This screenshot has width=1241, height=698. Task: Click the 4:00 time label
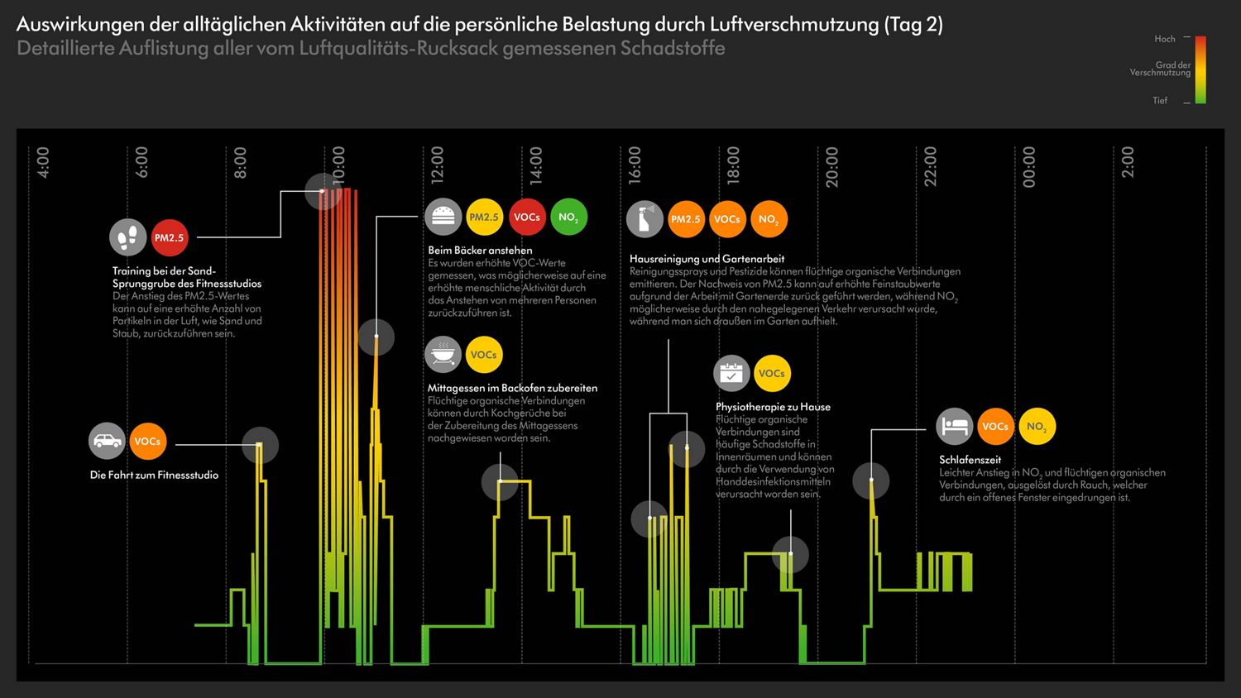(43, 162)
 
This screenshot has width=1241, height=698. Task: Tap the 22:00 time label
(930, 166)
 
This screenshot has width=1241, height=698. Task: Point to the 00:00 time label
(1028, 166)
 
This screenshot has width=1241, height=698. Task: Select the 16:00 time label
(635, 165)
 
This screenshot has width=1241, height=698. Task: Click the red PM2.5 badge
(169, 237)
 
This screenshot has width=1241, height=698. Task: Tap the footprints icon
(128, 237)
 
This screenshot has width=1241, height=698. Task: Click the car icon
(107, 441)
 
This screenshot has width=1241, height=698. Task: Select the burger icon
(443, 217)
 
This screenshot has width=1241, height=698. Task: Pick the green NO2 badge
(568, 217)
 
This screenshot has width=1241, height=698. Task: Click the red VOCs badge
(527, 217)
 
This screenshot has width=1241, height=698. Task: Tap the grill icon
(443, 355)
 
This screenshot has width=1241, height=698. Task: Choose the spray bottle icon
(644, 219)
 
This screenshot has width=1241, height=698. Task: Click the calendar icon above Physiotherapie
(731, 373)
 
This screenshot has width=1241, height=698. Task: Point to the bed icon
(955, 426)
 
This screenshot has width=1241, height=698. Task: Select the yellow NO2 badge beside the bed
(1037, 426)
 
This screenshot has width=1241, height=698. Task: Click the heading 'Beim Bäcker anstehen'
(480, 250)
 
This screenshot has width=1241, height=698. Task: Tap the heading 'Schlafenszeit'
(970, 460)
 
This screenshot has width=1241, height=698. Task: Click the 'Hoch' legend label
(1165, 39)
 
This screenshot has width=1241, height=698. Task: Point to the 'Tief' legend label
(1160, 100)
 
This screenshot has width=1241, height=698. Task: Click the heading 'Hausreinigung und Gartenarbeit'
(707, 259)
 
